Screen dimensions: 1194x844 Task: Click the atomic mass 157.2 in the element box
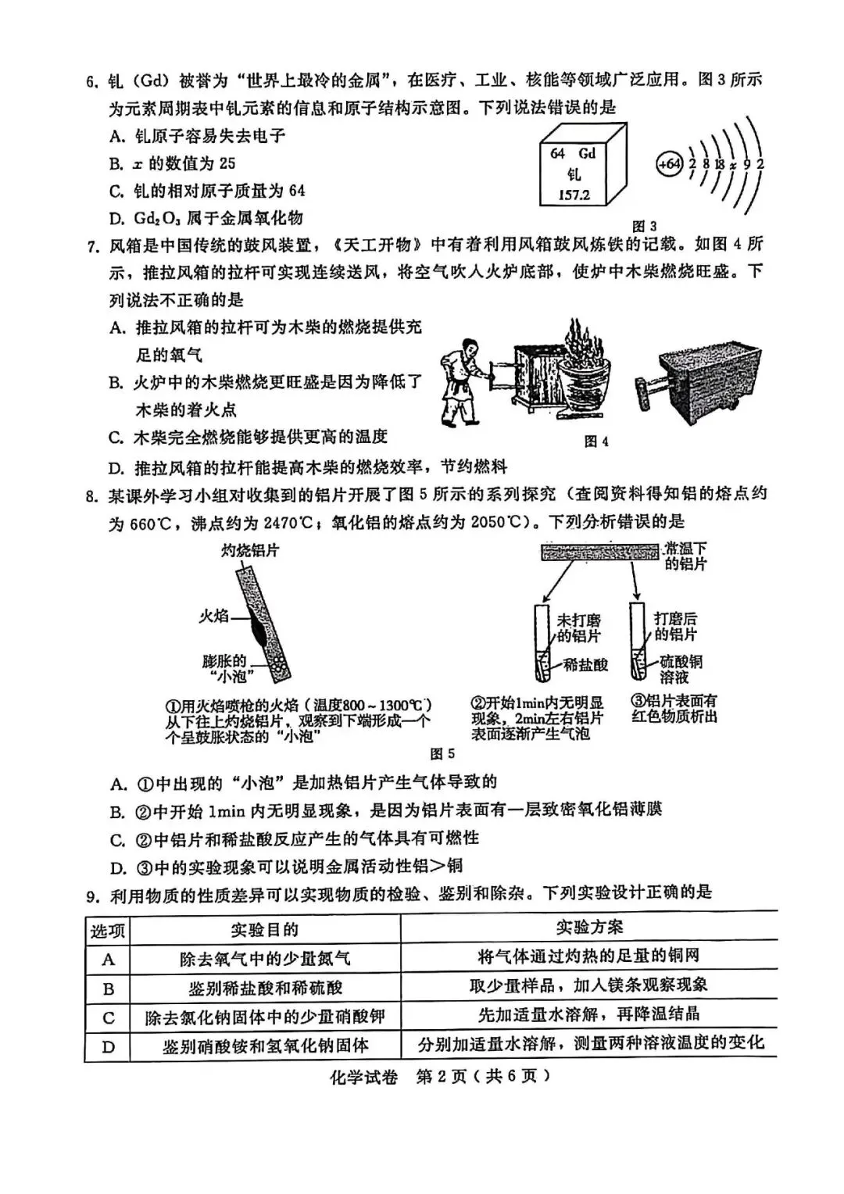[574, 195]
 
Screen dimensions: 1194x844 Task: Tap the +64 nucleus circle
[669, 164]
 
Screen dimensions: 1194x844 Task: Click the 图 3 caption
[643, 227]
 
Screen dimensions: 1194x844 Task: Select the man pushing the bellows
[467, 374]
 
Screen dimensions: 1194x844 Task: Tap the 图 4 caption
[596, 441]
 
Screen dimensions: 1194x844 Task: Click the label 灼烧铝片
[249, 550]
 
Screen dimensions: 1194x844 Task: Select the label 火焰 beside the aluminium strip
[213, 616]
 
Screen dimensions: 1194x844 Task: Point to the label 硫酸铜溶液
[679, 669]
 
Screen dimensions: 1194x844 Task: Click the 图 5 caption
[442, 753]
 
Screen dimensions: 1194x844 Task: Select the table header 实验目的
[264, 929]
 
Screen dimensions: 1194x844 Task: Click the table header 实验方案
[589, 928]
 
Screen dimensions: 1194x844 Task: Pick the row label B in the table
[109, 988]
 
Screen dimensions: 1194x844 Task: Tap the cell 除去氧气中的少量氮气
[264, 959]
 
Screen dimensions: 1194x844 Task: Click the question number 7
[92, 248]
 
